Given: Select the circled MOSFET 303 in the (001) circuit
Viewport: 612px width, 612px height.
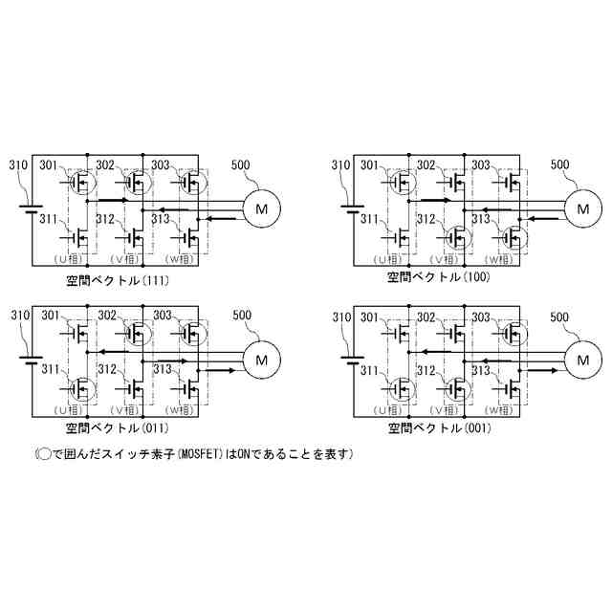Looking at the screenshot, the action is tap(514, 332).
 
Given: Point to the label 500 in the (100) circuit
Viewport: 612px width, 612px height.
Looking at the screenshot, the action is tap(560, 164).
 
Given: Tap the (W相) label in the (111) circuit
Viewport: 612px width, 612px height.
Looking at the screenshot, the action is tap(180, 259).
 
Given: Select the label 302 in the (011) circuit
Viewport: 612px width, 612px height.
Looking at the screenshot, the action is tap(106, 316).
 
